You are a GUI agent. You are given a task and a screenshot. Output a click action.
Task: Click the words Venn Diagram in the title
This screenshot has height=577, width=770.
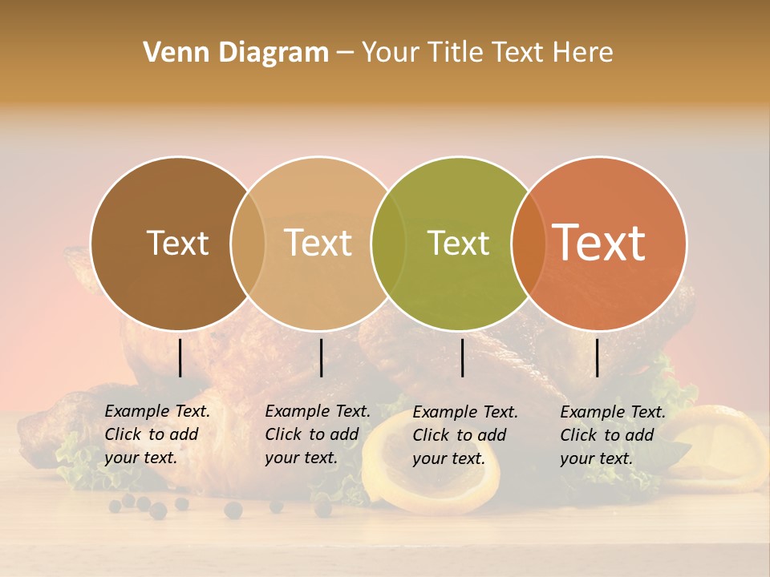tap(236, 53)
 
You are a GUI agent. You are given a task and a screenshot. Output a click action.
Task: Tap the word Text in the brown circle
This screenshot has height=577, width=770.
tap(177, 244)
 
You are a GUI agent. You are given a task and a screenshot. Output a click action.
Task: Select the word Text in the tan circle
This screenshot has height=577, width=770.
tap(318, 244)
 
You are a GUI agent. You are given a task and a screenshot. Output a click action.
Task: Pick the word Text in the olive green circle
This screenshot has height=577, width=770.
tap(459, 244)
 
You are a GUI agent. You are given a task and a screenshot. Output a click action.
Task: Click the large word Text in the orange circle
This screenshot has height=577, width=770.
tap(599, 244)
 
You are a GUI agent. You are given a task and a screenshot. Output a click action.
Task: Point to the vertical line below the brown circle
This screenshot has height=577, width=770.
tap(180, 357)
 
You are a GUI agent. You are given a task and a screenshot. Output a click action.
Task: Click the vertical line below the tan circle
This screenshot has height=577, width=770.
tap(321, 357)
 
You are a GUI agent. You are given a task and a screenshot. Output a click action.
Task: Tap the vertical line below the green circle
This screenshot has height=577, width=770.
tap(462, 357)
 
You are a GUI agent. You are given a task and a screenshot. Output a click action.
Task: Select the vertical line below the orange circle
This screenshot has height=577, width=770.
tap(597, 357)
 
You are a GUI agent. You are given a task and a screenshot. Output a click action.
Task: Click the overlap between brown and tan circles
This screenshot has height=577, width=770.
tap(248, 244)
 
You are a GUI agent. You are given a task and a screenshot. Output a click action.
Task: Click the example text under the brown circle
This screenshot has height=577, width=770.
tap(157, 435)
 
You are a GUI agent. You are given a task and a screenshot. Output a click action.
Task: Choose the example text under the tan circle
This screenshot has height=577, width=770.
tap(318, 435)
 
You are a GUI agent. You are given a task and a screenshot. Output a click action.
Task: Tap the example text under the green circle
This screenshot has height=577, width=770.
tap(465, 435)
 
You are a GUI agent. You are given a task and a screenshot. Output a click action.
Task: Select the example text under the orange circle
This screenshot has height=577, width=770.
tap(613, 435)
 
